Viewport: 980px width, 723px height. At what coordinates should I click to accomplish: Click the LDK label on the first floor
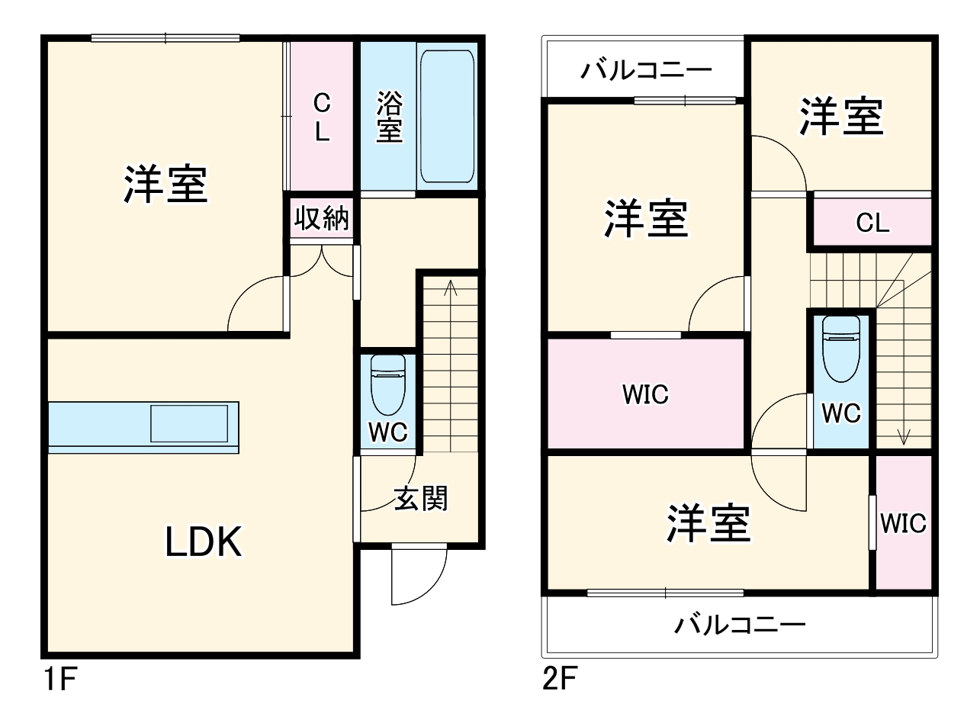204,542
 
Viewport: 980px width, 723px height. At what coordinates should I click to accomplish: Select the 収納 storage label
322,219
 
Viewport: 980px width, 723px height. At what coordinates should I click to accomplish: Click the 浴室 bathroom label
389,117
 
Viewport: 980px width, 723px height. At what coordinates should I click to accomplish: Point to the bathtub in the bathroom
447,117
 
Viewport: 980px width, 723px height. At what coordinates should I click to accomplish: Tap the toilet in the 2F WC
841,348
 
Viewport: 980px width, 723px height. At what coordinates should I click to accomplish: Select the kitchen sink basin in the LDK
189,423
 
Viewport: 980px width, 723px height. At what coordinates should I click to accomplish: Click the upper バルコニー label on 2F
646,71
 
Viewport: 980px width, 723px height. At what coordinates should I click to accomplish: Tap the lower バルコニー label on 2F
739,626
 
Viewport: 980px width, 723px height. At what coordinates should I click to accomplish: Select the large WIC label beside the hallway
645,394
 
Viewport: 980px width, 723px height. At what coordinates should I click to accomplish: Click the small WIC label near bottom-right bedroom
903,524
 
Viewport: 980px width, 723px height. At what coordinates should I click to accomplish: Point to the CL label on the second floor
872,223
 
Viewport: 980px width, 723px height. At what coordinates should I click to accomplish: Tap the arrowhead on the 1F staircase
450,287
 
